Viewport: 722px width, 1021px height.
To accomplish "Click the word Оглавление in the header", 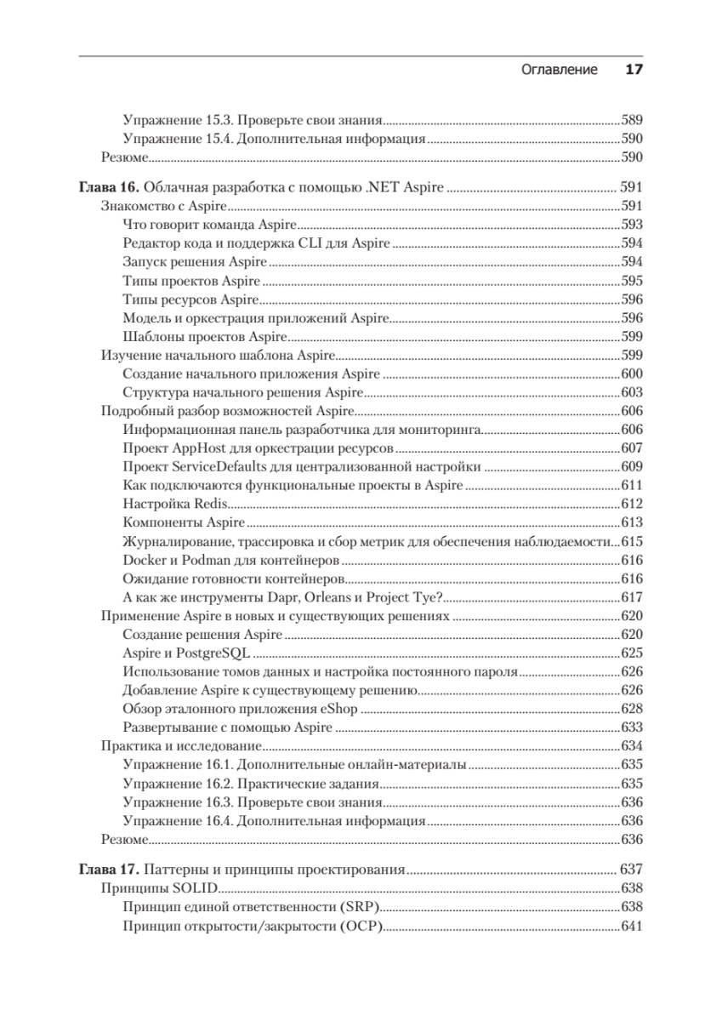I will coord(559,70).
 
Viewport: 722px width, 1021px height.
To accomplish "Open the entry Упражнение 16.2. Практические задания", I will coord(250,783).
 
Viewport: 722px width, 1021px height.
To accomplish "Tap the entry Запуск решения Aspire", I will coord(194,262).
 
